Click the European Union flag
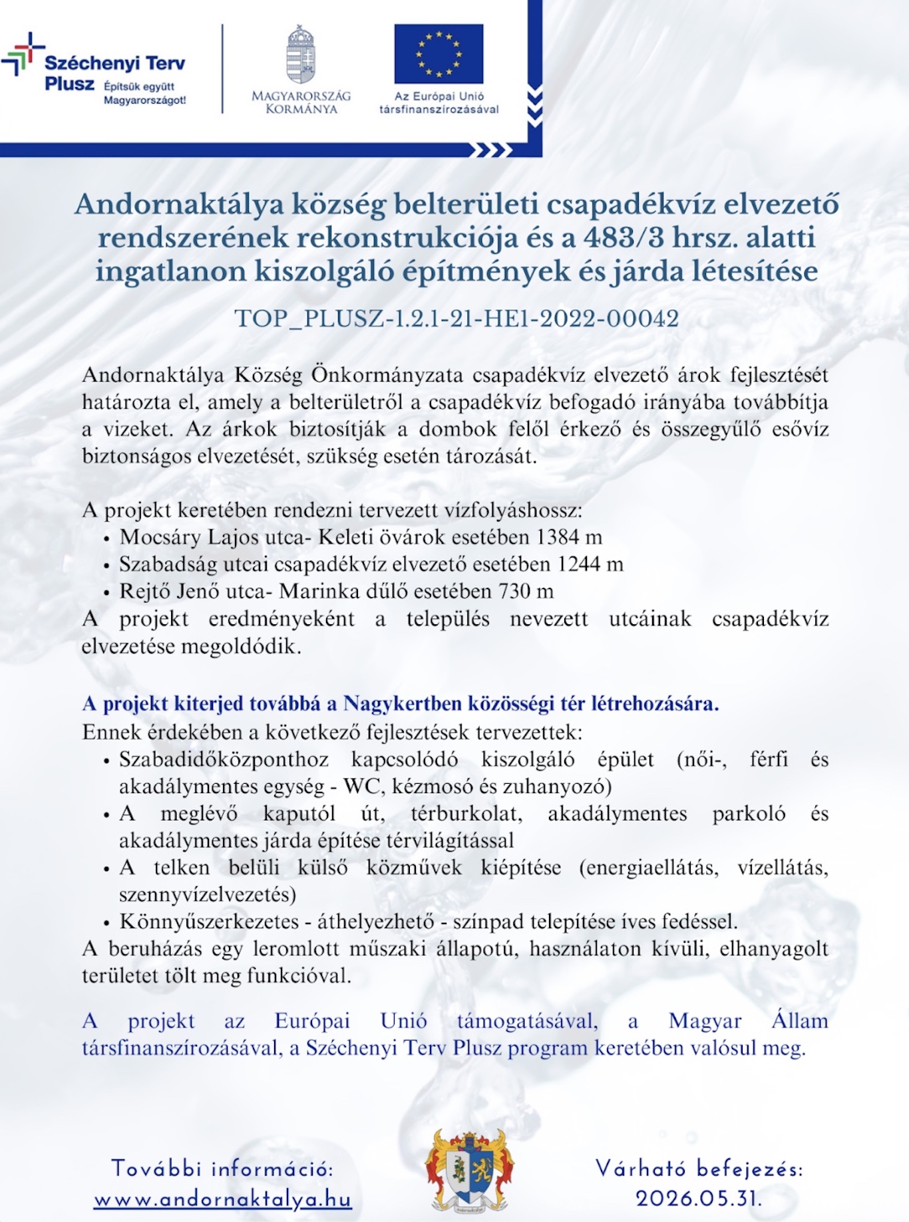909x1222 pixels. [x=439, y=54]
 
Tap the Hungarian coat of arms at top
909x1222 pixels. [x=301, y=55]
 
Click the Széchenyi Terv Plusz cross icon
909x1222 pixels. [x=22, y=53]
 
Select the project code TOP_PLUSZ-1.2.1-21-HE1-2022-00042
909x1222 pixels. [x=456, y=318]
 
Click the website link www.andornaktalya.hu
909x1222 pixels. [x=222, y=1199]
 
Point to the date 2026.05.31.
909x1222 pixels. [x=699, y=1199]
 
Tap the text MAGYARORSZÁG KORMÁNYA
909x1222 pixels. [x=301, y=102]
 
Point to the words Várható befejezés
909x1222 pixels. [x=699, y=1168]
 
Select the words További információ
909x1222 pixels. [x=222, y=1168]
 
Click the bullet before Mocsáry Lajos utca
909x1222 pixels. [x=106, y=539]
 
